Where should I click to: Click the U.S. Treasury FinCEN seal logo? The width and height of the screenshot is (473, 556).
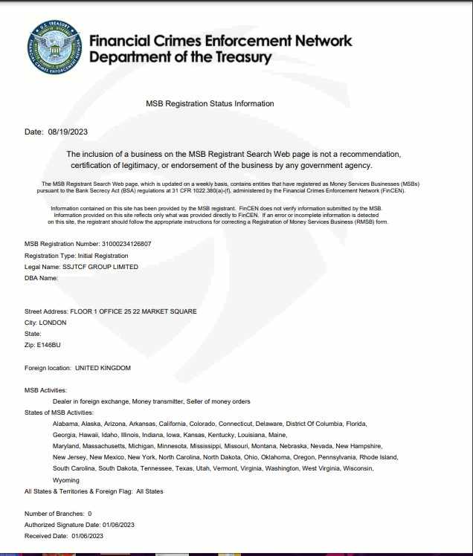[54, 47]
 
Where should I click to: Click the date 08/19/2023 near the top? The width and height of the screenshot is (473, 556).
[68, 132]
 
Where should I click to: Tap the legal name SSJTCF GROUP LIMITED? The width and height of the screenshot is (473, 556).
[101, 267]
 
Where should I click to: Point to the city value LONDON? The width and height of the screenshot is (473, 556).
[53, 323]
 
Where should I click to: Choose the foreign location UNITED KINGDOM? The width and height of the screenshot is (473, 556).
[103, 368]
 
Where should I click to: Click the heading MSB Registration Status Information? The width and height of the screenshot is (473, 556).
[210, 103]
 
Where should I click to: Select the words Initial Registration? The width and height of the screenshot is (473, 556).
[103, 256]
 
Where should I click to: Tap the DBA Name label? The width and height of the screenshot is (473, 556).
[41, 278]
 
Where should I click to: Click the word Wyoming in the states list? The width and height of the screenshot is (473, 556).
[66, 480]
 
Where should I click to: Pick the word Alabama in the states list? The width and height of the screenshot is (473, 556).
[65, 424]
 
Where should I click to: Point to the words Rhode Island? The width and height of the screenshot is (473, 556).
[379, 457]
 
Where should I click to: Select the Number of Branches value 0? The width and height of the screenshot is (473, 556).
[89, 514]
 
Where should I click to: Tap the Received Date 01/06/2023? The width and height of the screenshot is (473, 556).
[85, 536]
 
